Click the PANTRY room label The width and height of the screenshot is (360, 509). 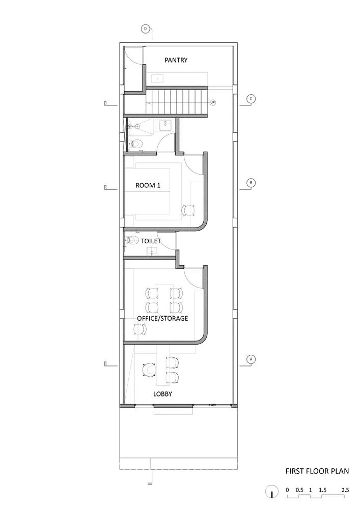pos(176,60)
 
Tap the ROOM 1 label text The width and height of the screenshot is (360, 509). pos(148,186)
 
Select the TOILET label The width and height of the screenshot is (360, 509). pos(151,241)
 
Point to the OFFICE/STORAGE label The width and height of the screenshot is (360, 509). pos(163,318)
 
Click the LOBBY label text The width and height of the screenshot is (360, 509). pos(162,394)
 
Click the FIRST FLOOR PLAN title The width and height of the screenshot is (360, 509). pos(317,471)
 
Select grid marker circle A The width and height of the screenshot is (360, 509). pos(250,359)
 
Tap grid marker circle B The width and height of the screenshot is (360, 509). pos(250,183)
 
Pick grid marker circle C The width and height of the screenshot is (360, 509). pos(250,99)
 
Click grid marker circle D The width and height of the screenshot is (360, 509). pos(146,29)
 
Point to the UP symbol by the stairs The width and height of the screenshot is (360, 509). pos(213,102)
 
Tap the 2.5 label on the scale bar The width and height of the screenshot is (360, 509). pos(345,490)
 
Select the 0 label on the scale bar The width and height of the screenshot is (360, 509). pos(287,490)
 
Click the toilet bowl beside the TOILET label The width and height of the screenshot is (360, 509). pos(132,241)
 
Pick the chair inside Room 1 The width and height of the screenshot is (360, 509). pos(189,209)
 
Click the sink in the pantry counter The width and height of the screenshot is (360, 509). pos(159,79)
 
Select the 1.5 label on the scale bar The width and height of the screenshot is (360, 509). pos(323,490)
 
